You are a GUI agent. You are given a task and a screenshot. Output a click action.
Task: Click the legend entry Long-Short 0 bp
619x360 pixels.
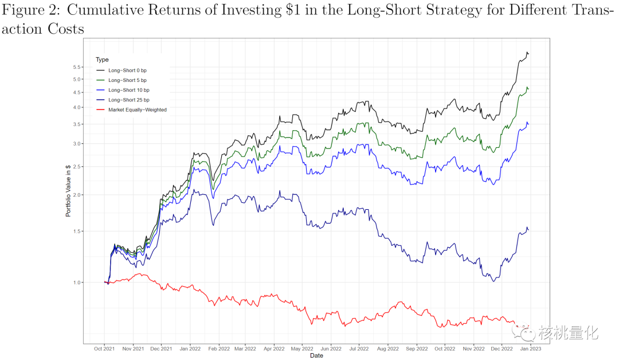pyautogui.click(x=127, y=70)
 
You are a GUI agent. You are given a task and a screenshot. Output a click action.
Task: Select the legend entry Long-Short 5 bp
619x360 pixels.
pyautogui.click(x=127, y=80)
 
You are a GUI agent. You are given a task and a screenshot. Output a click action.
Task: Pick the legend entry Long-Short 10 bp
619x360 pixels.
pyautogui.click(x=128, y=90)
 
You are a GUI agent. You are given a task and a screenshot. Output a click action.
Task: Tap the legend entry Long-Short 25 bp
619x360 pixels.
pyautogui.click(x=128, y=100)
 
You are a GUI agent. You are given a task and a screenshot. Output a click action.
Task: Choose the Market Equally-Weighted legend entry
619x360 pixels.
pyautogui.click(x=137, y=109)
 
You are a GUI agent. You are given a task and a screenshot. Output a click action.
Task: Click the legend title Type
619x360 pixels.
pyautogui.click(x=102, y=60)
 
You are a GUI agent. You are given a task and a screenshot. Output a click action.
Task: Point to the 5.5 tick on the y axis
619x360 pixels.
pyautogui.click(x=77, y=67)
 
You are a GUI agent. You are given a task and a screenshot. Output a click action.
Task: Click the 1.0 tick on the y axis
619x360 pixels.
pyautogui.click(x=77, y=283)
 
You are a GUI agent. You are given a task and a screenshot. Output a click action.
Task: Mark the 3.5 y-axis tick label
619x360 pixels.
pyautogui.click(x=77, y=124)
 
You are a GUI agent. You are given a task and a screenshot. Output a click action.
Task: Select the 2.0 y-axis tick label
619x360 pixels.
pyautogui.click(x=77, y=195)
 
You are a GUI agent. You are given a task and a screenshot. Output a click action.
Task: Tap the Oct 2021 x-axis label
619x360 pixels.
pyautogui.click(x=104, y=348)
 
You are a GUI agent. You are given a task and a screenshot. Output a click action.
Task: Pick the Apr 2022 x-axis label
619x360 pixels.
pyautogui.click(x=274, y=348)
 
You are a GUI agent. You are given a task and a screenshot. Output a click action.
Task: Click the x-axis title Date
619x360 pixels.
pyautogui.click(x=316, y=355)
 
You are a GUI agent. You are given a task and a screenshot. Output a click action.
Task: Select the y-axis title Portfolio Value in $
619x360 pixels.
pyautogui.click(x=68, y=191)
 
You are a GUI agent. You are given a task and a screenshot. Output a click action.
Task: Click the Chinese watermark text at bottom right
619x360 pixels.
pyautogui.click(x=568, y=332)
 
